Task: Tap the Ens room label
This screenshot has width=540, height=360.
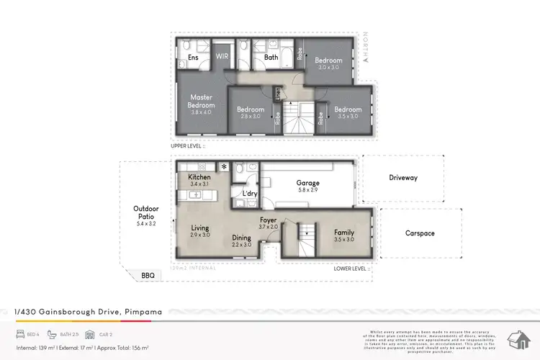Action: (x=193, y=57)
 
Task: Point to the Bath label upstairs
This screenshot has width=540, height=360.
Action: (x=271, y=57)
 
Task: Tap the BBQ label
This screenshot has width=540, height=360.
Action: (x=148, y=275)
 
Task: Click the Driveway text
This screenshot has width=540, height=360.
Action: (x=403, y=177)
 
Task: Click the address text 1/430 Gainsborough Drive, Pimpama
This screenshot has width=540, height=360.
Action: (x=89, y=312)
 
